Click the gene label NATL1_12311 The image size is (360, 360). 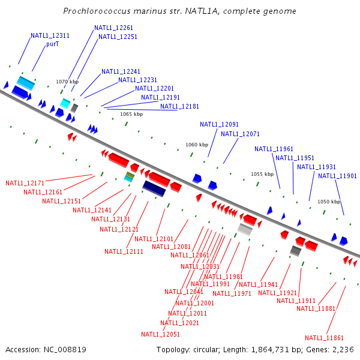(50, 35)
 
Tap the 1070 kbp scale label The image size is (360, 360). (67, 82)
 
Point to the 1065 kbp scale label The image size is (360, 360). (131, 114)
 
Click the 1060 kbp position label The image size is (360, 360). (197, 145)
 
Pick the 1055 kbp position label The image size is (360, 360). (262, 174)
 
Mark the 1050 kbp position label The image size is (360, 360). (329, 202)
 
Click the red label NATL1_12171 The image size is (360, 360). (25, 183)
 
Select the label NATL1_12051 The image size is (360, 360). (161, 334)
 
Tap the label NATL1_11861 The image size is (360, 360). (325, 338)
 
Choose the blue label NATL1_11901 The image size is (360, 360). (338, 176)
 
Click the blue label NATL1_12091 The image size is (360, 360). (219, 124)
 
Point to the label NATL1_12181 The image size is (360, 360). (179, 106)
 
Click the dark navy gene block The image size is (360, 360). (154, 188)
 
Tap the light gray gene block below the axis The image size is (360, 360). (245, 229)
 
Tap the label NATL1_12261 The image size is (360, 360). (113, 28)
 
